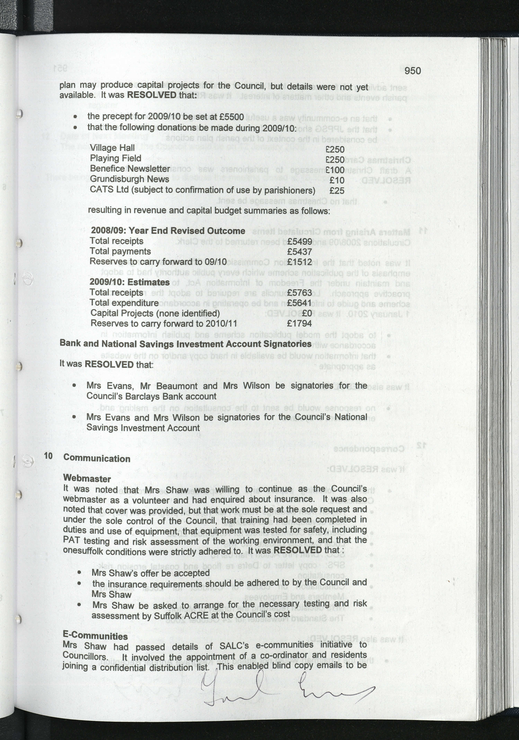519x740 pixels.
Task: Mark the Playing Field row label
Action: pos(116,158)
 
